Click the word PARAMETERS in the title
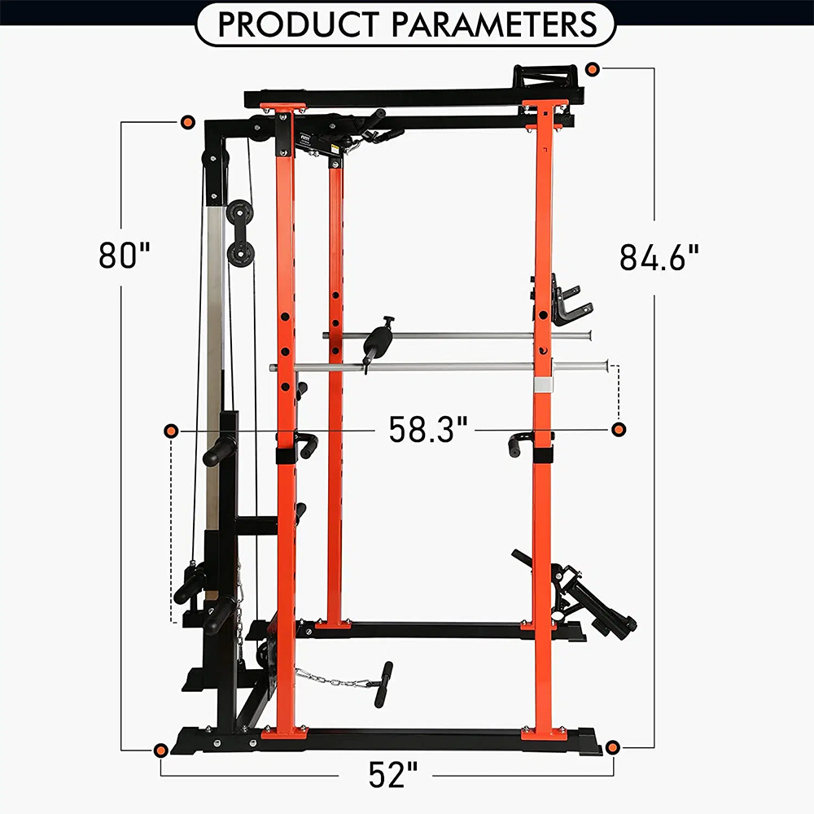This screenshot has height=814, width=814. click(494, 24)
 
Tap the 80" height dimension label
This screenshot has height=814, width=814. click(125, 255)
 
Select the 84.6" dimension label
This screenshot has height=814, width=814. click(659, 257)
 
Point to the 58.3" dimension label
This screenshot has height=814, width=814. click(428, 429)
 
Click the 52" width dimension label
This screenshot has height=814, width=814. click(393, 775)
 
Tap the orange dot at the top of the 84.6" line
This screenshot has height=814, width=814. click(593, 68)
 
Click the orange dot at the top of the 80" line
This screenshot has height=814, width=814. click(187, 123)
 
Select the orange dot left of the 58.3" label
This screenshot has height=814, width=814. click(171, 431)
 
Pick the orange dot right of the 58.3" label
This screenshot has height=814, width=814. click(619, 429)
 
